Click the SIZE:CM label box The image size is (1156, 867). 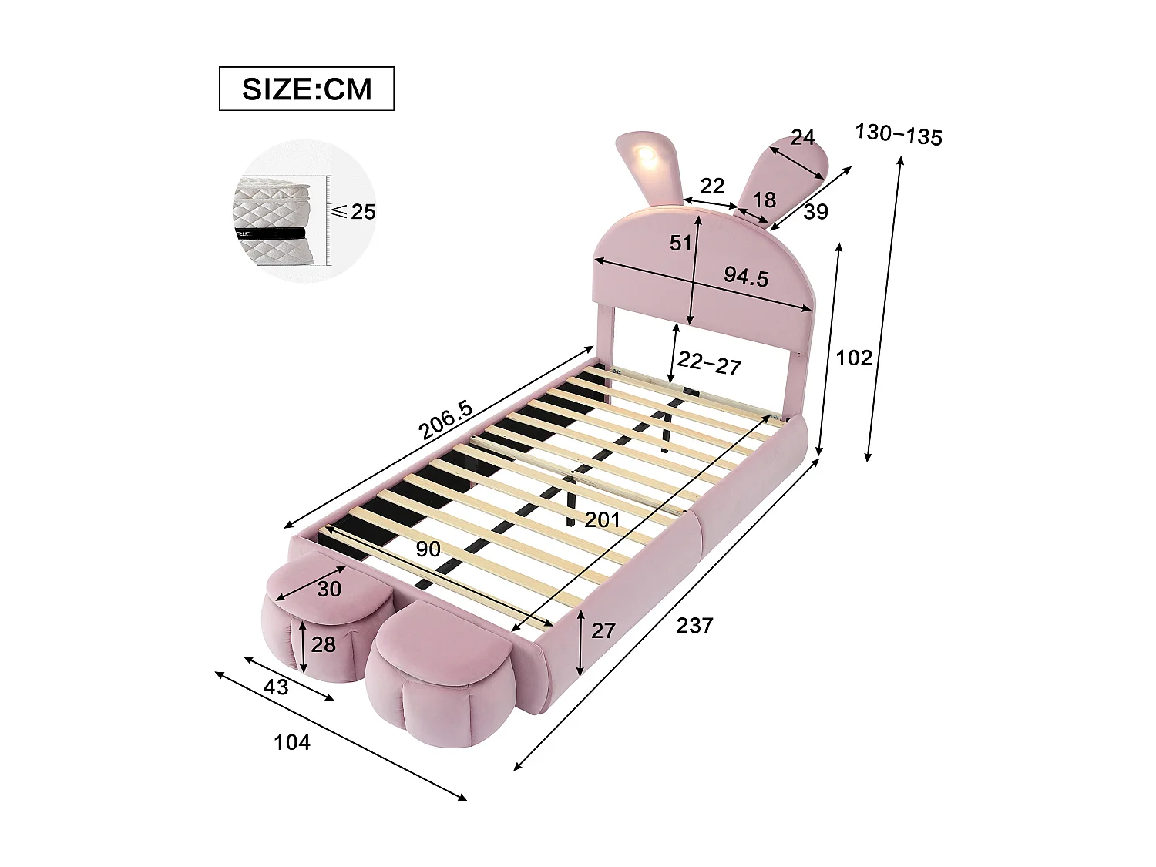pos(306,89)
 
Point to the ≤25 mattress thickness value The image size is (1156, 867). pos(354,211)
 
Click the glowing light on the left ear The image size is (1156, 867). pos(644,158)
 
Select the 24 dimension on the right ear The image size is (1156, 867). pos(802,137)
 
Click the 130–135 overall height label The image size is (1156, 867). pos(898,134)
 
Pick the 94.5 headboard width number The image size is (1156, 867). pos(745,276)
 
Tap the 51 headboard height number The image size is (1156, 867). pos(680,244)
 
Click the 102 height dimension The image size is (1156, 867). pos(854,358)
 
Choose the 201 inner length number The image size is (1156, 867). pos(602,520)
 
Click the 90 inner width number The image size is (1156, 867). pos(428,549)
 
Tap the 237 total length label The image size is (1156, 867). pos(694,626)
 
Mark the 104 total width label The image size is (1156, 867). pos(292,742)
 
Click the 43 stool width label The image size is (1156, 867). pos(276,686)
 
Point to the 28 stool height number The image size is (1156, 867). pos(323,644)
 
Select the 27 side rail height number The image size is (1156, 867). pos(603,630)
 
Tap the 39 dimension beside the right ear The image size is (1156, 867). pos(815,212)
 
